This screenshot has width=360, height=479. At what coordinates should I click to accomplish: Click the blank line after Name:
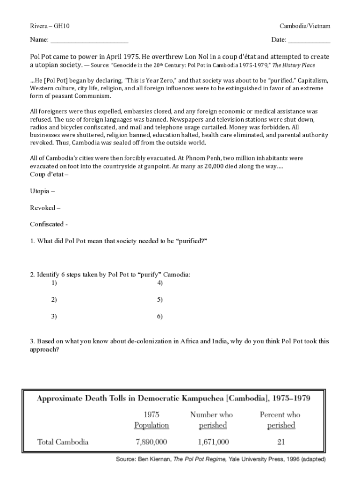(89, 40)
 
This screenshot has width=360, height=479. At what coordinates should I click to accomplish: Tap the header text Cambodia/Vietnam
(305, 26)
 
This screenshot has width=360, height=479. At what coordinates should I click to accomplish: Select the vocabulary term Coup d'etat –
(49, 174)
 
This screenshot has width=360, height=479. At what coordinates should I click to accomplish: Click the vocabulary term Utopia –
(43, 191)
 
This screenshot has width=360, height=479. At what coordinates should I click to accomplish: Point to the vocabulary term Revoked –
(45, 208)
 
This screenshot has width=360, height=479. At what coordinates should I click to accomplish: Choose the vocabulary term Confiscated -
(49, 224)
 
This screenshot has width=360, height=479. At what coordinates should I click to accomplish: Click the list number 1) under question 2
(54, 283)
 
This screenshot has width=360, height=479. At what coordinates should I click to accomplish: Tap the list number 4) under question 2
(160, 283)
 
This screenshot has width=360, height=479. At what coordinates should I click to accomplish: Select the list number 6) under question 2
(160, 317)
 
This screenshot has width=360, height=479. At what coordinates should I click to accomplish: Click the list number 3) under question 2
(54, 317)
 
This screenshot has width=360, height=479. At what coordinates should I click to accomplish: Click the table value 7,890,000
(151, 442)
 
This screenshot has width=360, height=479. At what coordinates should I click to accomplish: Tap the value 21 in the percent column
(281, 442)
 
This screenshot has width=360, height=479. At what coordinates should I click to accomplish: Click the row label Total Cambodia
(63, 442)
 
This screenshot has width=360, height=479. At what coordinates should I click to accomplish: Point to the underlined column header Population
(151, 426)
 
